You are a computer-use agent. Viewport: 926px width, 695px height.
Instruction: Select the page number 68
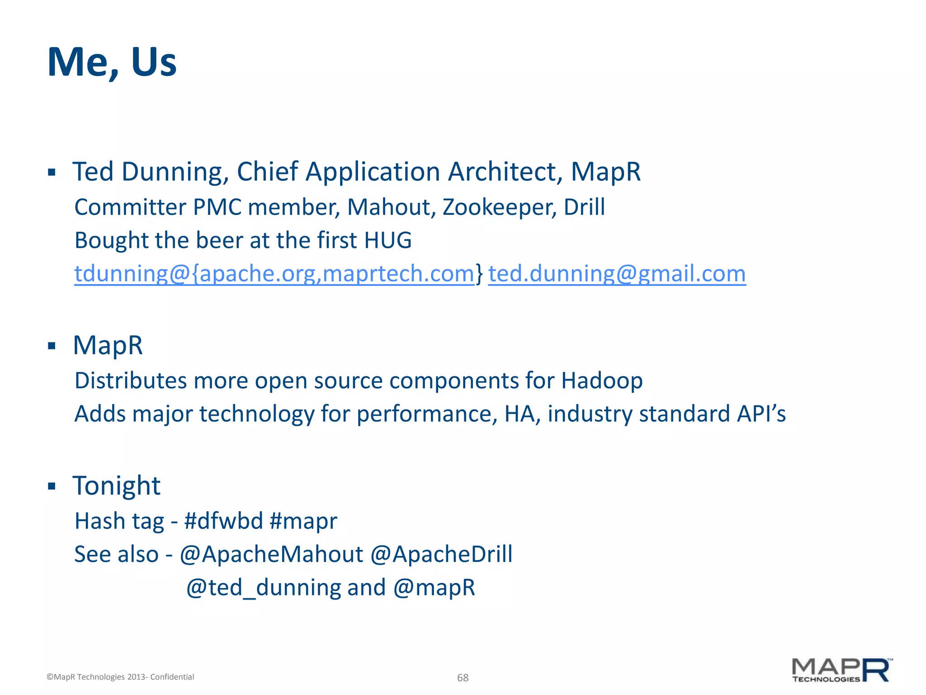pyautogui.click(x=463, y=677)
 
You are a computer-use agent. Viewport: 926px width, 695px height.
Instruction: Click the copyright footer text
pyautogui.click(x=120, y=677)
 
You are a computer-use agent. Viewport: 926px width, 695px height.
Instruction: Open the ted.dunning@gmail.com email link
pyautogui.click(x=617, y=274)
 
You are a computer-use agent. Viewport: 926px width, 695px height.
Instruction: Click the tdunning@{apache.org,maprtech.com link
pyautogui.click(x=274, y=274)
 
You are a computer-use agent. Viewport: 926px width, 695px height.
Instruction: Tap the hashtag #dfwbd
pyautogui.click(x=223, y=521)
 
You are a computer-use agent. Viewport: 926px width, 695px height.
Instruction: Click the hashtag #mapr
pyautogui.click(x=303, y=521)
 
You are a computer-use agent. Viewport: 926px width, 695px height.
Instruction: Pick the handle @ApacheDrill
pyautogui.click(x=441, y=554)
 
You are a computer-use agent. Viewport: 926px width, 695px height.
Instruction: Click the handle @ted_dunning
pyautogui.click(x=263, y=588)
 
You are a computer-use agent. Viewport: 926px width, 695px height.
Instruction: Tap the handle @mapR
pyautogui.click(x=434, y=588)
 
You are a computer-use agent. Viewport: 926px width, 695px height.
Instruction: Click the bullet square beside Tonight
pyautogui.click(x=52, y=486)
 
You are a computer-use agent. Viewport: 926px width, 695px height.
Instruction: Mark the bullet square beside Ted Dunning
pyautogui.click(x=52, y=172)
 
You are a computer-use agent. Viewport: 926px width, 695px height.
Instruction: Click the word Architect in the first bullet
pyautogui.click(x=505, y=172)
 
